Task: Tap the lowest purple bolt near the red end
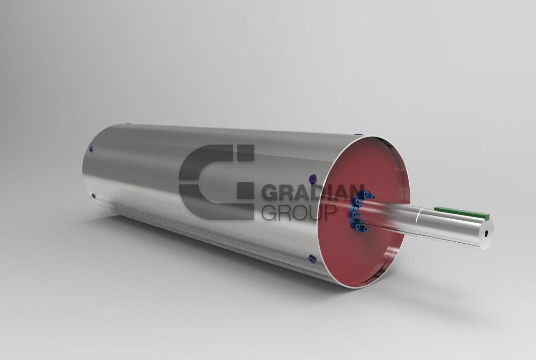pos(311,259)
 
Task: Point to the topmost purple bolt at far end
pos(128,123)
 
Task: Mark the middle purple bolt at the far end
pos(91,149)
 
